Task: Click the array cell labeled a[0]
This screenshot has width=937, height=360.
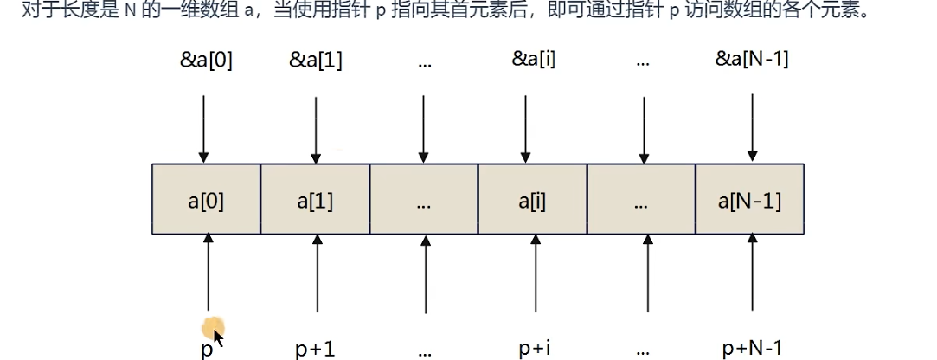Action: (x=206, y=199)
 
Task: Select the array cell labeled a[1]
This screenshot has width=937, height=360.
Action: (x=315, y=199)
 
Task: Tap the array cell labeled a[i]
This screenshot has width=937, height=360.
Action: (x=532, y=199)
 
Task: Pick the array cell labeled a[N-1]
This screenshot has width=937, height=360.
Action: (x=750, y=199)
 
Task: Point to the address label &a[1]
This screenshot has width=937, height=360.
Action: (x=317, y=60)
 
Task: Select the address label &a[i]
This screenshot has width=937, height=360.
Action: (x=533, y=60)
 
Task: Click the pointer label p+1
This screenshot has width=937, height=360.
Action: (x=315, y=348)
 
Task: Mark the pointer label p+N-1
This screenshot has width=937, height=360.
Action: (x=751, y=348)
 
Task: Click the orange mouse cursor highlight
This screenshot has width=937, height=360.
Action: (x=211, y=330)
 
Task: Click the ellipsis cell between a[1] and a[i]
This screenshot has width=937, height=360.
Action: (x=424, y=199)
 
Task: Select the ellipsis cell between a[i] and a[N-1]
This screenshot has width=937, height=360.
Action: (x=641, y=199)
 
